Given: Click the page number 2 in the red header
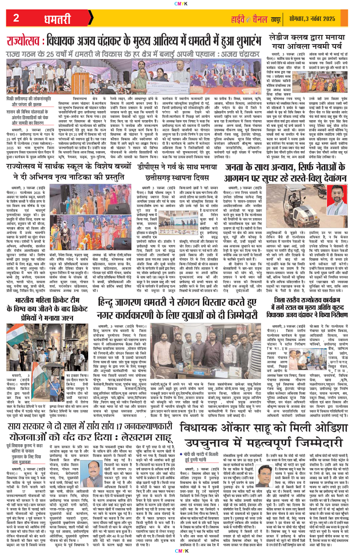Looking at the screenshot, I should pos(16,18).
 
